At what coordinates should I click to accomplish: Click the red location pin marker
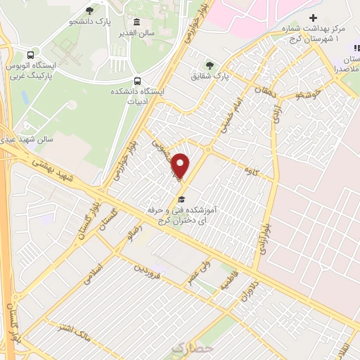(181, 165)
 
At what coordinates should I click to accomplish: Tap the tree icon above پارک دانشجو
(89, 11)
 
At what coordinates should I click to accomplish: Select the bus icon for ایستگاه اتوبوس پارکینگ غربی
(30, 55)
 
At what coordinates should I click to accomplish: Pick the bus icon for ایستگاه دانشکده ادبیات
(138, 80)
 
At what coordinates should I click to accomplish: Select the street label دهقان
(268, 95)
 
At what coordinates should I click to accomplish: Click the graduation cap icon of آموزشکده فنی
(181, 200)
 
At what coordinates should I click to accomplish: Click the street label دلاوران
(247, 288)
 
